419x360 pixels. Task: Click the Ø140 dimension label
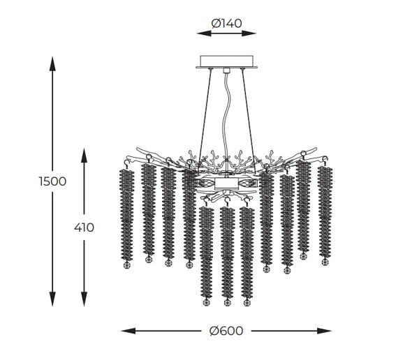point(226,24)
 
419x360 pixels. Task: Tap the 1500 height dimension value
point(52,181)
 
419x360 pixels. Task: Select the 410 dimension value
point(84,227)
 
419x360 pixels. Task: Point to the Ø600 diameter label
point(226,331)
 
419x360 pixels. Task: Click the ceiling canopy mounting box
point(226,61)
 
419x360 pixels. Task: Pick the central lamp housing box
point(226,183)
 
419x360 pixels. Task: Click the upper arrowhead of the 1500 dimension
point(52,63)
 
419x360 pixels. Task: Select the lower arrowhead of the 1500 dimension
point(52,299)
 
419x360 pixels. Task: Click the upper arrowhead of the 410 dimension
point(84,155)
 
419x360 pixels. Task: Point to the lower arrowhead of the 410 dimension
point(84,299)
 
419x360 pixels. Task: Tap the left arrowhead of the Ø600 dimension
point(128,331)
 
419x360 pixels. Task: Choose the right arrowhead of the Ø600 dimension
point(324,331)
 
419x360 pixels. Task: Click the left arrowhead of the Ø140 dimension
point(204,33)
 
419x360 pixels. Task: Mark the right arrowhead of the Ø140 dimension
point(249,33)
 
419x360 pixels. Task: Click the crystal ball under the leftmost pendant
point(126,265)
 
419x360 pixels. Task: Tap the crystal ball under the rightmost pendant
point(325,262)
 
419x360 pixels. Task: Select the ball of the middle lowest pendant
point(227,303)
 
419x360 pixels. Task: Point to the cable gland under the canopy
point(226,70)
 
